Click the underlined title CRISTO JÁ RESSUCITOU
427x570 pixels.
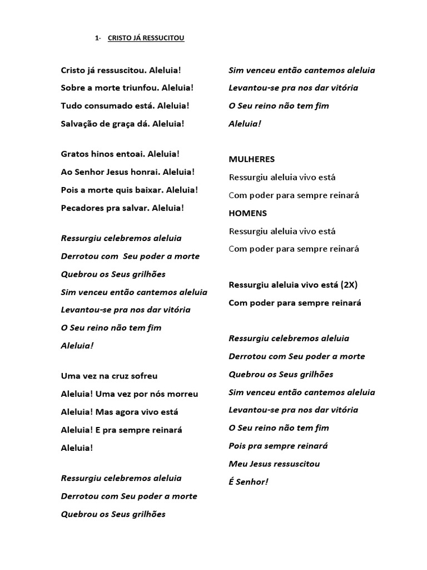pyautogui.click(x=146, y=38)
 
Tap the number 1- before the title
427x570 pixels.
pyautogui.click(x=98, y=38)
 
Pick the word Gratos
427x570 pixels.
pyautogui.click(x=74, y=154)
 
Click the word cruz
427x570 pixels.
pyautogui.click(x=127, y=376)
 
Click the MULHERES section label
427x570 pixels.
pyautogui.click(x=252, y=159)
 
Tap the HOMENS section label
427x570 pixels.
pyautogui.click(x=248, y=213)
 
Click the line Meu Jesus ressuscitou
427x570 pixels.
pyautogui.click(x=274, y=464)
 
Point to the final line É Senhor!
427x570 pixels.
pyautogui.click(x=249, y=481)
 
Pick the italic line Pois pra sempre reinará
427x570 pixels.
pyautogui.click(x=278, y=446)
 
